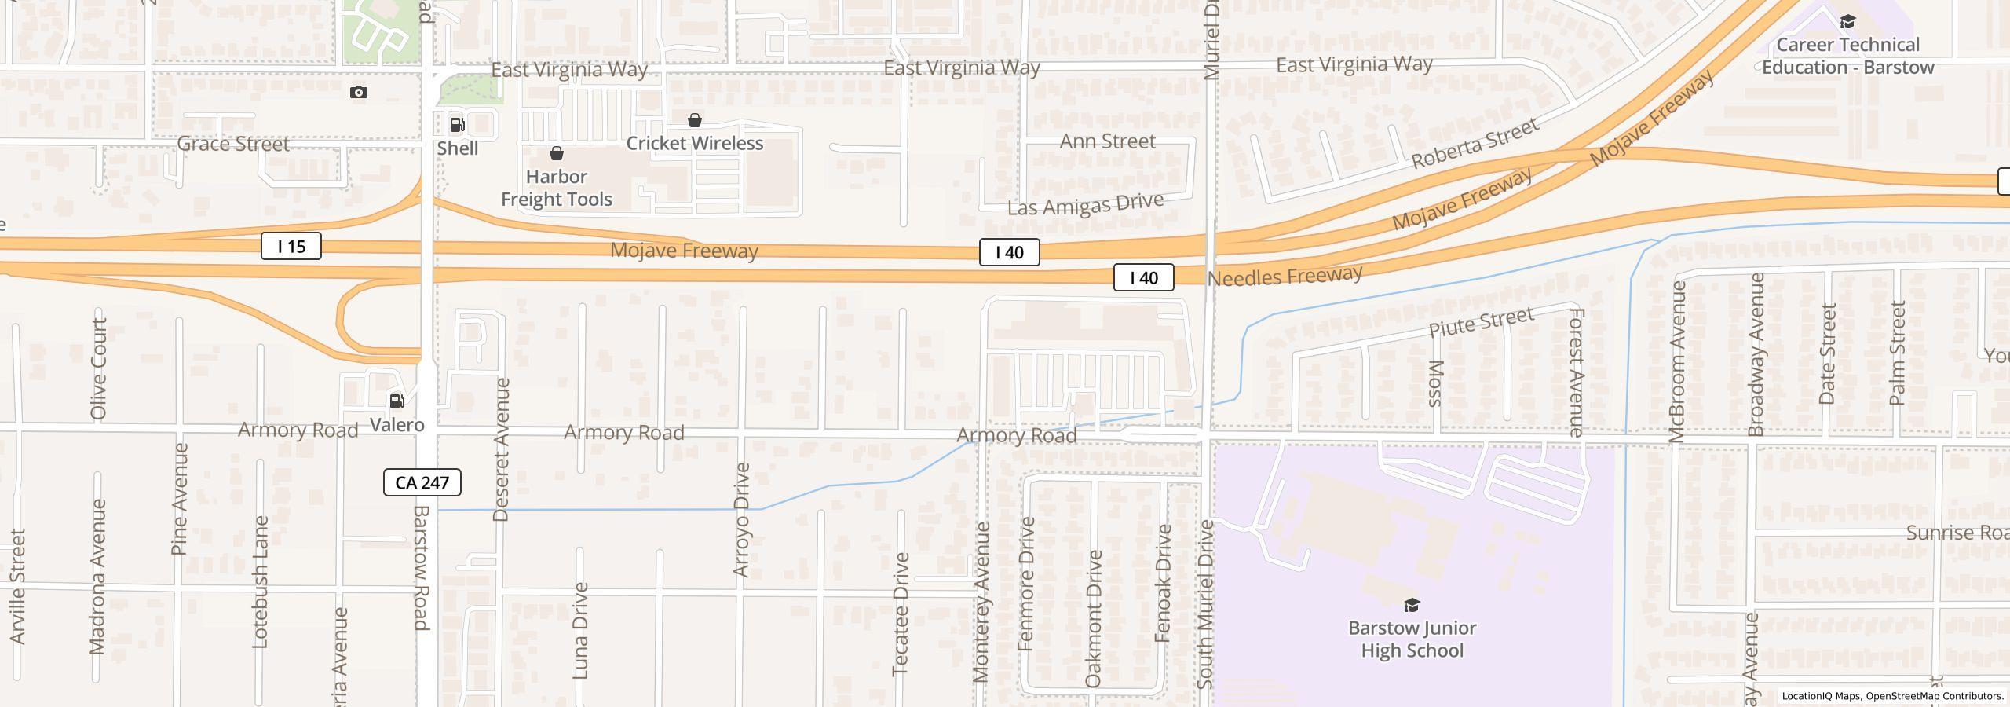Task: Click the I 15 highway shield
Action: click(291, 247)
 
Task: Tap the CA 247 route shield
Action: click(422, 482)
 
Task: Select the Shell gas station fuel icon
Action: click(457, 125)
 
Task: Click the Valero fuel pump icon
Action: click(397, 401)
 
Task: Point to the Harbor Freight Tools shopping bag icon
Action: click(557, 153)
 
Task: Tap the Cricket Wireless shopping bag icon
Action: click(695, 120)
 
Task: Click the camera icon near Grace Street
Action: click(359, 93)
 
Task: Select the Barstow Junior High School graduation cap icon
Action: click(1412, 605)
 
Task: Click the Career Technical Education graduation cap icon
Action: click(1847, 22)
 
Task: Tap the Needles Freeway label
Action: click(1285, 276)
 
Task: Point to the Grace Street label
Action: click(233, 144)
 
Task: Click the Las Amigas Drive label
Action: click(1085, 204)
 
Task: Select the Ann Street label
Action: click(1107, 141)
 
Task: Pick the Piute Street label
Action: click(1481, 322)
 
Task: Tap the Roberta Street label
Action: click(1475, 144)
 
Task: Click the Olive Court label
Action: click(98, 368)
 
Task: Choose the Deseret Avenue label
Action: click(501, 449)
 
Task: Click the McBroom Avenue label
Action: click(1678, 362)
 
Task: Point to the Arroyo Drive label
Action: click(741, 520)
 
